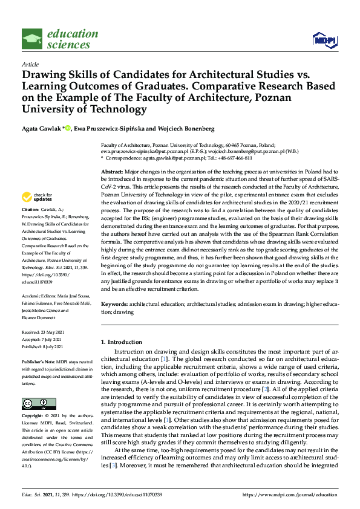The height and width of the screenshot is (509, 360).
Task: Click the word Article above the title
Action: [30, 64]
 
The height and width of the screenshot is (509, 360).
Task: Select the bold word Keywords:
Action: [115, 305]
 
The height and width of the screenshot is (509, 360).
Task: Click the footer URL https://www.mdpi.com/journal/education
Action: [290, 495]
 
